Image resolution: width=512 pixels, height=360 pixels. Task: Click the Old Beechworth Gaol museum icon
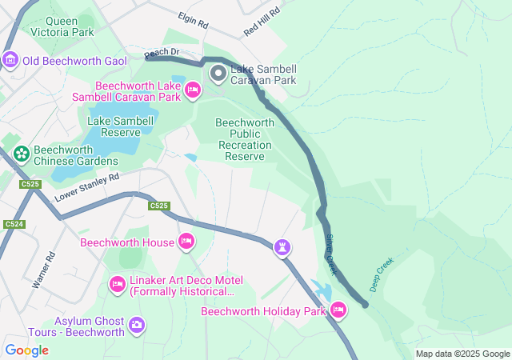pos(10,60)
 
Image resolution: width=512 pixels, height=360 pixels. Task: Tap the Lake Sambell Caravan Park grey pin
pos(218,74)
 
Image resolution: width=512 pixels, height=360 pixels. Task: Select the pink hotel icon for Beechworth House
pos(186,241)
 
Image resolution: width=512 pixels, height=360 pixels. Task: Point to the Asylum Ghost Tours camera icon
pos(137,325)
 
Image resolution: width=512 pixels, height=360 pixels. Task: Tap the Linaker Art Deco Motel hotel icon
pos(118,284)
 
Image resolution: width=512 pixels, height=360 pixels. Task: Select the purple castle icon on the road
pos(282,246)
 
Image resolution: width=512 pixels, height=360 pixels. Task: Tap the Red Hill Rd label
pos(263,22)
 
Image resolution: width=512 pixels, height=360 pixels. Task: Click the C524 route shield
pos(12,224)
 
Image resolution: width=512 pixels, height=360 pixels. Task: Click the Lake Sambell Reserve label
pos(121,126)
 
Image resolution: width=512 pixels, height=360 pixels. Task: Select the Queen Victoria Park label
pos(61,26)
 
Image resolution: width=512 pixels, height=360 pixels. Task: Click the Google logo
pos(27,350)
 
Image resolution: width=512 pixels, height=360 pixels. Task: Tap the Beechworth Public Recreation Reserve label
pos(245,139)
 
